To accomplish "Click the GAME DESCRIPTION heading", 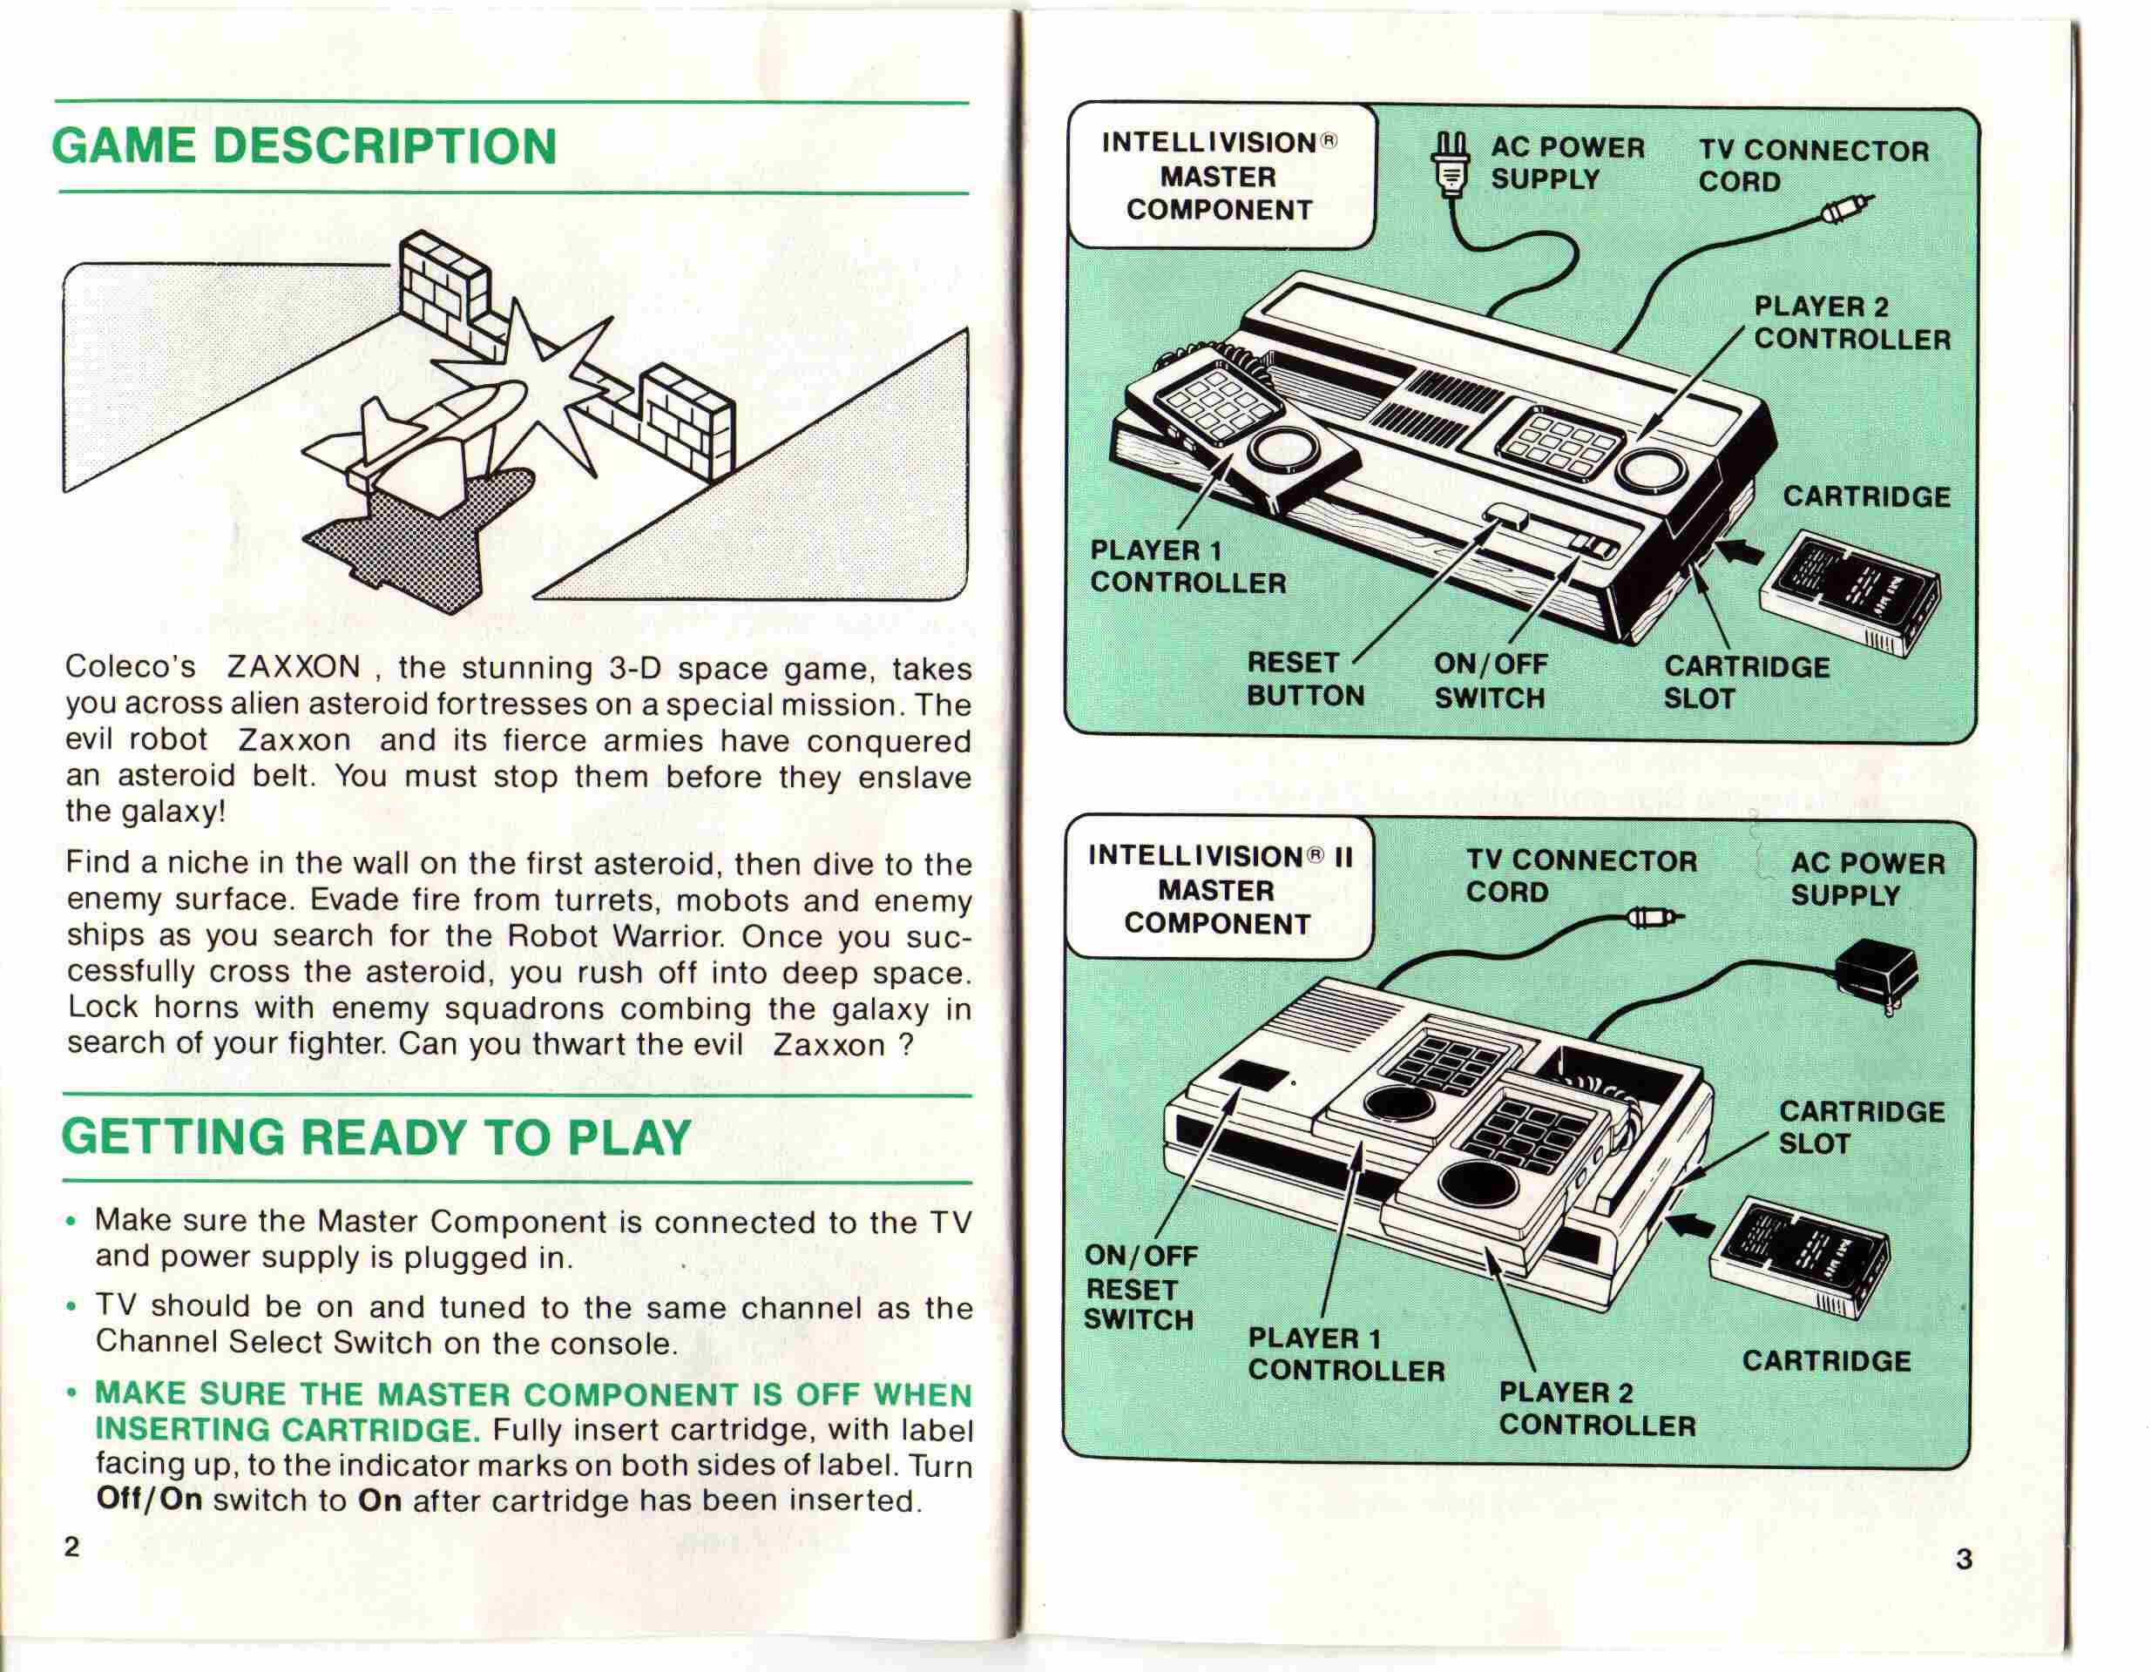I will tap(304, 146).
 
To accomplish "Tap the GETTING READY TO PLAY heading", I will tap(376, 1137).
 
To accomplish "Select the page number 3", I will tap(1964, 1559).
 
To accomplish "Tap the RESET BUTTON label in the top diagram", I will tap(1305, 678).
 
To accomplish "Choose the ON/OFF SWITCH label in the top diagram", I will tap(1490, 680).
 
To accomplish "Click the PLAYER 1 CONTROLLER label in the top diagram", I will tap(1187, 566).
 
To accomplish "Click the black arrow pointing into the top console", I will tap(1741, 552).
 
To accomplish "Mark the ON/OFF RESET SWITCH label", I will tap(1140, 1288).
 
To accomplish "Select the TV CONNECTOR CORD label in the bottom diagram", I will tap(1580, 875).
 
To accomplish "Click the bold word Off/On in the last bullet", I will tap(150, 1500).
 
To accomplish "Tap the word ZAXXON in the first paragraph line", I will tap(294, 668).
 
